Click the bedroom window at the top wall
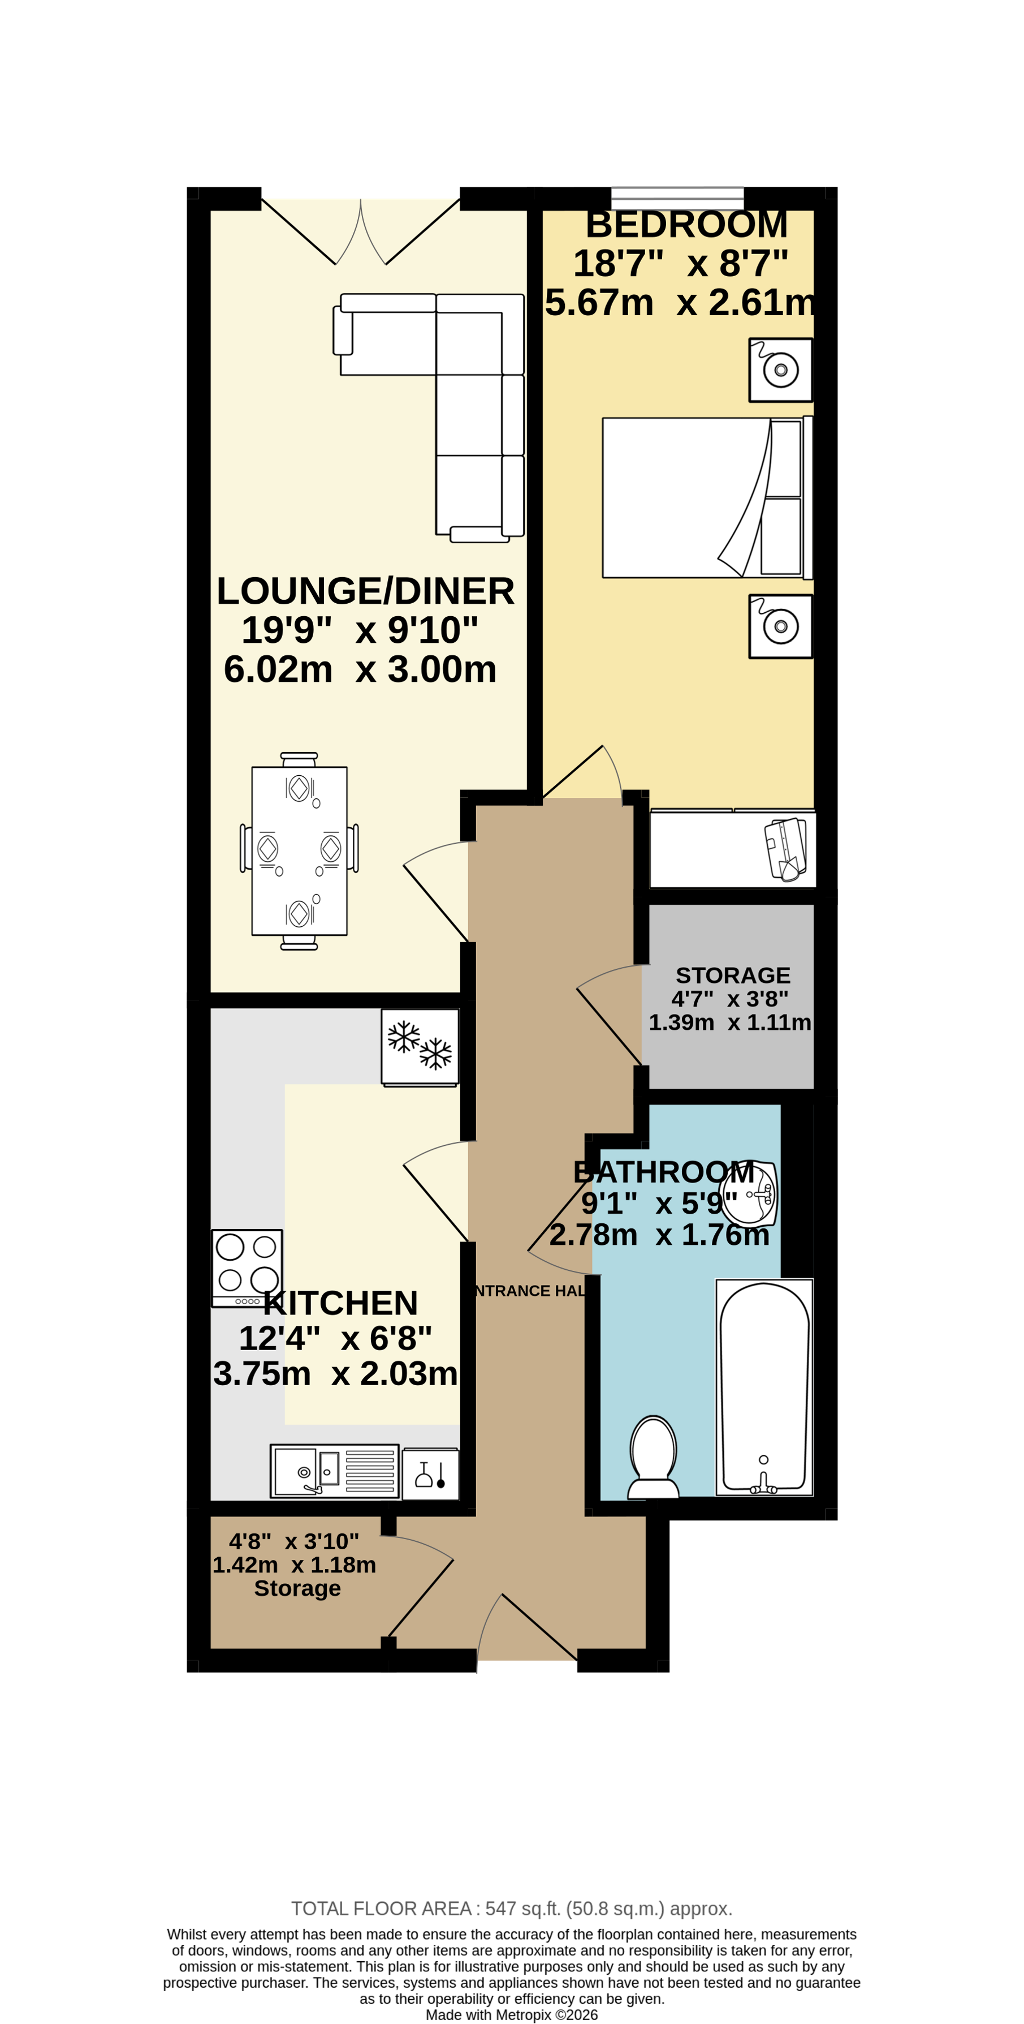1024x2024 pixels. [677, 197]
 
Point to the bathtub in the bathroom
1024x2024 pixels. [764, 1387]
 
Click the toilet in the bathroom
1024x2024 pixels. [653, 1456]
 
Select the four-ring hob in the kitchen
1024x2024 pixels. [247, 1267]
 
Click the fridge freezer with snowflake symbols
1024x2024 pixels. [420, 1047]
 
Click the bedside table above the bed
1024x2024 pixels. [780, 370]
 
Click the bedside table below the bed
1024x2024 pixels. [780, 626]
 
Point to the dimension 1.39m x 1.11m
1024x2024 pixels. [729, 1022]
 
